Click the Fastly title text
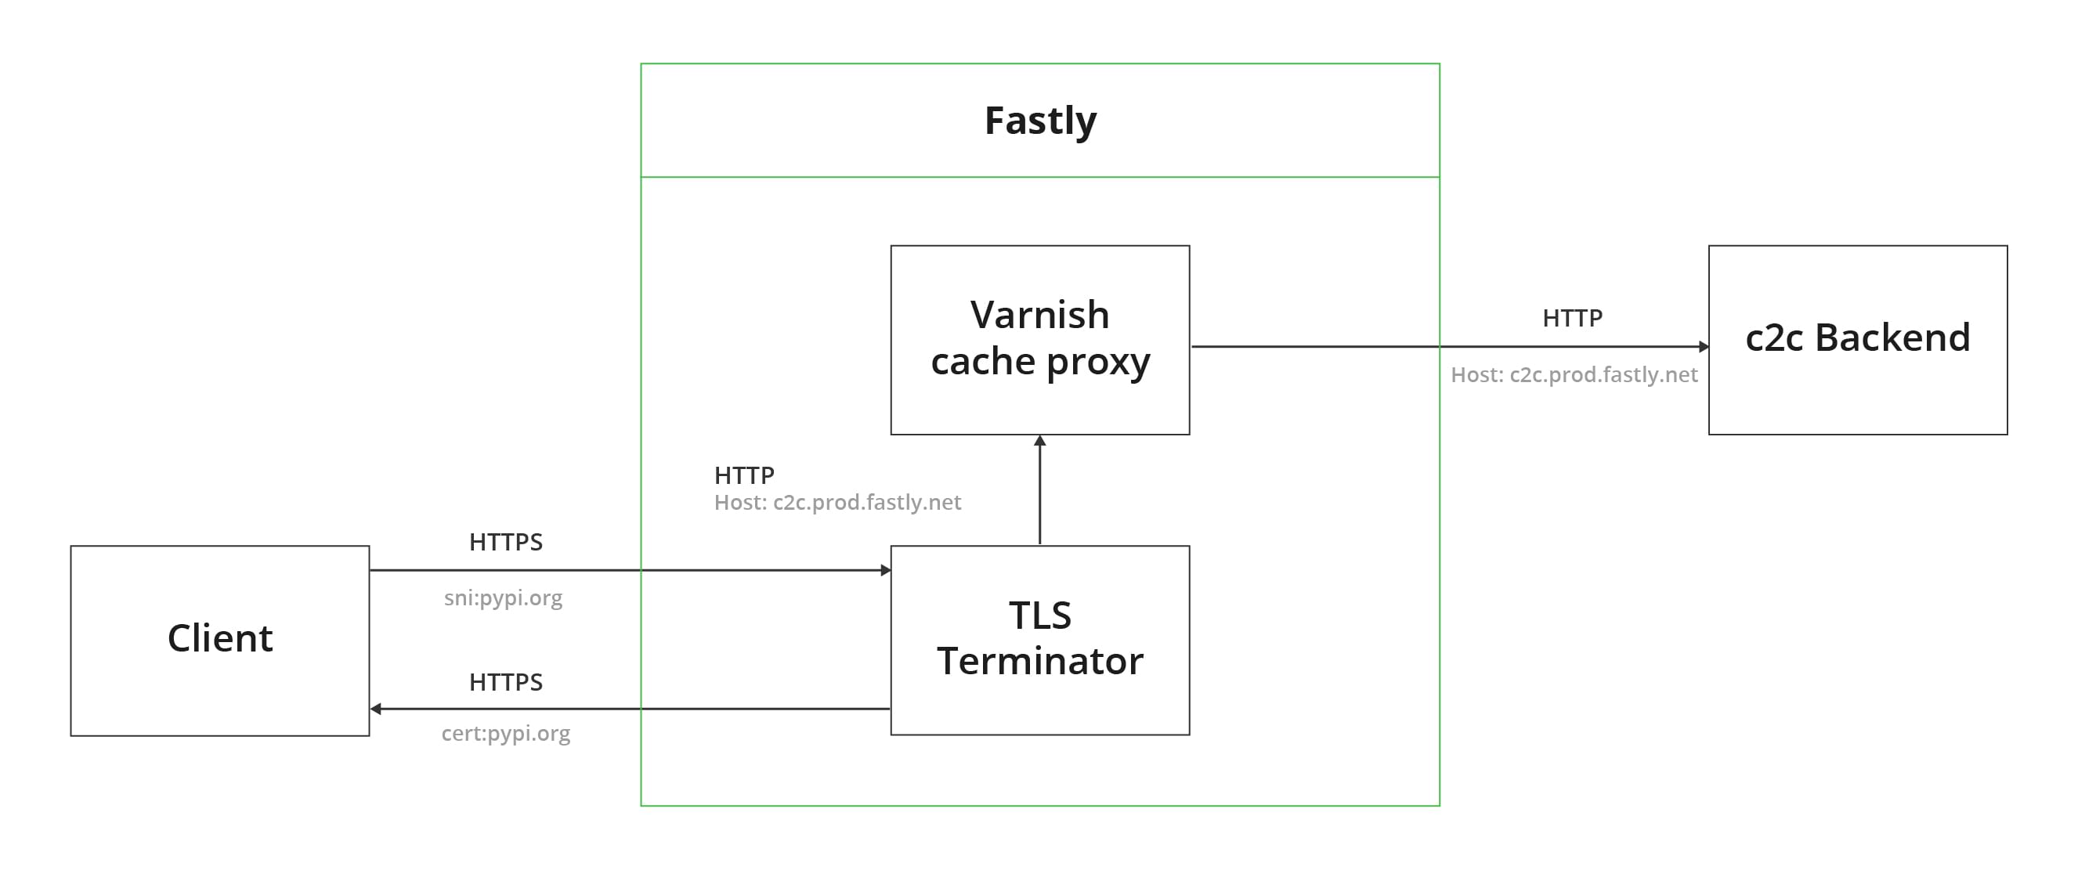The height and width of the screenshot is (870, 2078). [x=1040, y=121]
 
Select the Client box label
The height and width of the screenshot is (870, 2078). [x=219, y=638]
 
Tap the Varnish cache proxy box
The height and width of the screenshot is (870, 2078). [x=1040, y=338]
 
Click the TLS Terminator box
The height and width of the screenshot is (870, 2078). [x=1040, y=640]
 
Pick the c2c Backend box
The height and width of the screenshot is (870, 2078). [x=1857, y=338]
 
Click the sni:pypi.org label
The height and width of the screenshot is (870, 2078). [x=504, y=597]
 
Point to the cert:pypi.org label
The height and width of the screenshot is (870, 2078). [x=506, y=733]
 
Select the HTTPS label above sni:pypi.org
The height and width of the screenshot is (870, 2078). [x=506, y=542]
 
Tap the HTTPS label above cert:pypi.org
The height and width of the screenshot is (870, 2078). [x=506, y=682]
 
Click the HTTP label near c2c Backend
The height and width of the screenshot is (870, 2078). [x=1572, y=318]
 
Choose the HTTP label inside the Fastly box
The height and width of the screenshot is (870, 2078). [x=744, y=475]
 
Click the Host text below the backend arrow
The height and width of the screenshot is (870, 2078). [x=1574, y=375]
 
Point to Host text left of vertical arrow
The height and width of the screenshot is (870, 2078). [x=837, y=502]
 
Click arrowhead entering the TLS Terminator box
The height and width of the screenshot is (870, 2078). [x=886, y=570]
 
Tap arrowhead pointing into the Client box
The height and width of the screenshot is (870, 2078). [x=376, y=709]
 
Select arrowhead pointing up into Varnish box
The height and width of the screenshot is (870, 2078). [x=1040, y=441]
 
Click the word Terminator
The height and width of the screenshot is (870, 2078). [x=1040, y=661]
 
